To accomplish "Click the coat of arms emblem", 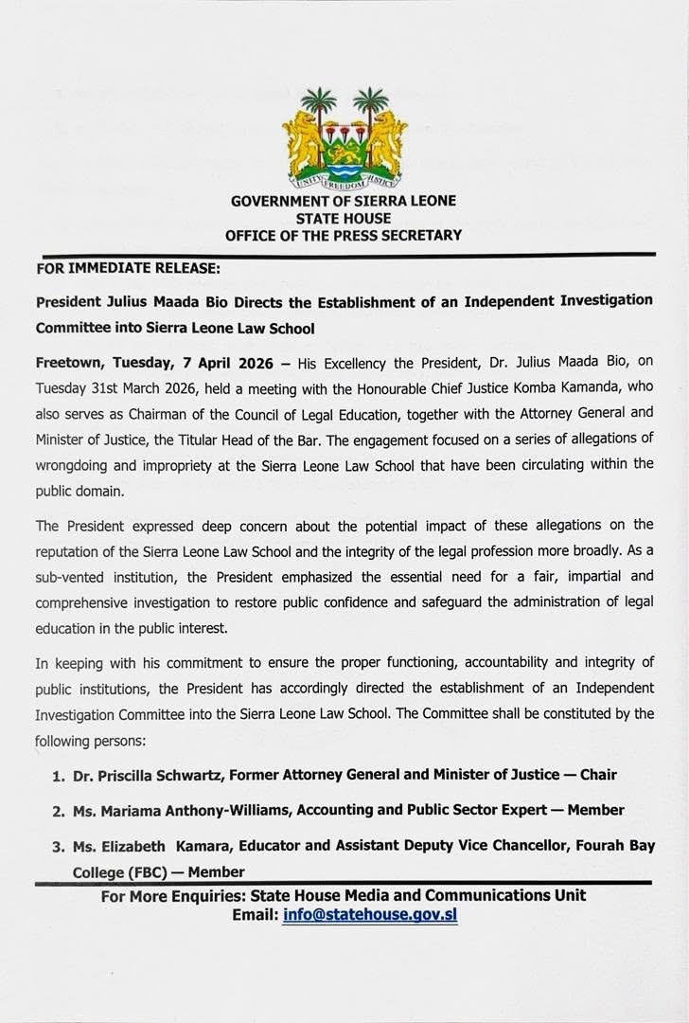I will click(x=344, y=138).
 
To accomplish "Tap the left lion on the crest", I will click(x=300, y=142).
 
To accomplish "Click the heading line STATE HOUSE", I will click(x=344, y=218).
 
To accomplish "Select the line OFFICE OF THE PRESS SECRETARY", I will click(x=344, y=235).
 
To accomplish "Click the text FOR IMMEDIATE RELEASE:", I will click(x=128, y=268).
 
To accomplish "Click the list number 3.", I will click(x=57, y=844).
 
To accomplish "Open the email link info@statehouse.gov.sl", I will click(x=370, y=916).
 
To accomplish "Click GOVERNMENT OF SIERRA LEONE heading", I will click(x=344, y=201).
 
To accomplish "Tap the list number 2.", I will click(x=57, y=811).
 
